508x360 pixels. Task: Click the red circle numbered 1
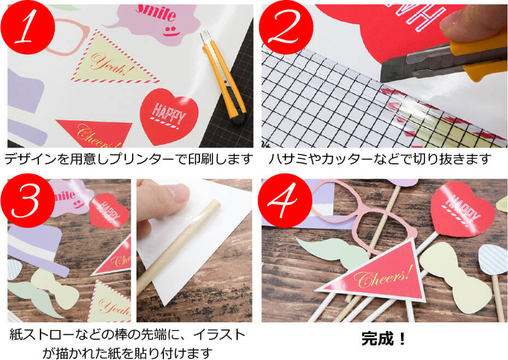click(x=27, y=27)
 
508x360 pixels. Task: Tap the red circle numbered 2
click(x=286, y=27)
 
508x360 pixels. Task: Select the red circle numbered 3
click(x=27, y=200)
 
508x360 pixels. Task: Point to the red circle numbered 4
click(x=285, y=200)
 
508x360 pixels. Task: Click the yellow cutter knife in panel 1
click(x=223, y=78)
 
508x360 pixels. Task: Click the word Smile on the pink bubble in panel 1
click(x=156, y=13)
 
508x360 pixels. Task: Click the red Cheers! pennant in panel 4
click(x=377, y=275)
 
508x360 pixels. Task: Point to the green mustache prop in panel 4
click(x=334, y=255)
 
